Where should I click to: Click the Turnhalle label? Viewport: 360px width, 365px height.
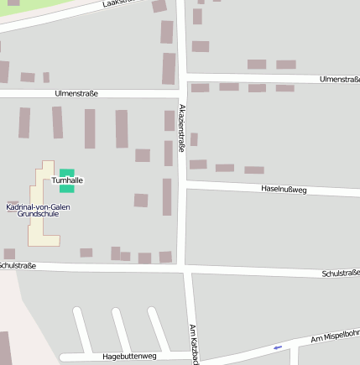(67, 180)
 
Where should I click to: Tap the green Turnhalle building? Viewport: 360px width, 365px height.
(67, 172)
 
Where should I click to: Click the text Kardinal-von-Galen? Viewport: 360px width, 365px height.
(38, 206)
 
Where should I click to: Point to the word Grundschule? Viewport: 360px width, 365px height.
(38, 214)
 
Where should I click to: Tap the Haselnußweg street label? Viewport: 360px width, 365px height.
(284, 190)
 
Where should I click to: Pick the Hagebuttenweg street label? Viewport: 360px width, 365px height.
(129, 357)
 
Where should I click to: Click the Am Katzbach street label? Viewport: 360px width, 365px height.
(194, 344)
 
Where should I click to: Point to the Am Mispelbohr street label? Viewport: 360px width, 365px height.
(335, 336)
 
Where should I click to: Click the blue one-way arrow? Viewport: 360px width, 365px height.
(278, 347)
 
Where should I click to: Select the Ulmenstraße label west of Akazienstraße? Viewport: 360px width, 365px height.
(76, 93)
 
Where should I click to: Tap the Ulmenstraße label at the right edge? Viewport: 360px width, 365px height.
(340, 79)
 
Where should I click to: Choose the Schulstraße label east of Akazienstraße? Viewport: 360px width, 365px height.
(340, 273)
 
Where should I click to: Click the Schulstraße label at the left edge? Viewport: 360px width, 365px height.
(17, 265)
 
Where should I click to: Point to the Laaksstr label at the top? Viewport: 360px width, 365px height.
(117, 3)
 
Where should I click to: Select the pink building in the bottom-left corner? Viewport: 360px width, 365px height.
(5, 347)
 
